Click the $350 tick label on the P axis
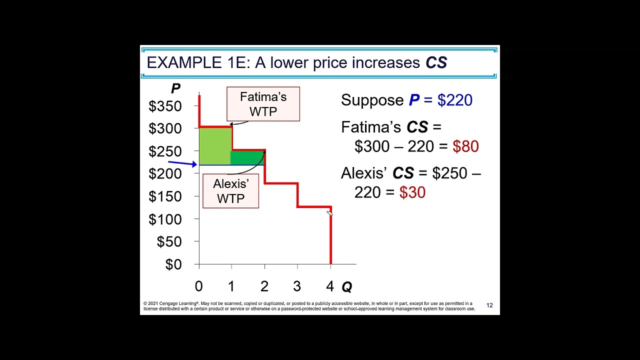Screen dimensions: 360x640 click(165, 106)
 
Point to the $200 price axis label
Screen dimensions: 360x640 click(165, 173)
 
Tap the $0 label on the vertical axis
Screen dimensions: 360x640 click(173, 264)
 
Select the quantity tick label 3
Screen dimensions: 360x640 click(297, 286)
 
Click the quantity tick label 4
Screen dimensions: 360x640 click(329, 286)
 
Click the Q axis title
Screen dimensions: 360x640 click(346, 287)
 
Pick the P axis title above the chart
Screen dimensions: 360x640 click(175, 89)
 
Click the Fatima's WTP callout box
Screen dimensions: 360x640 click(263, 104)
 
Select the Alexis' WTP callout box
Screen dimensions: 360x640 click(230, 190)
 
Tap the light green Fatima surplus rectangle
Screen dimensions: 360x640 click(214, 145)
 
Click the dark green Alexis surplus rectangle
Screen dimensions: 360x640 click(246, 157)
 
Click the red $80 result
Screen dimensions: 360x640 click(465, 146)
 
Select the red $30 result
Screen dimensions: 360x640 click(412, 192)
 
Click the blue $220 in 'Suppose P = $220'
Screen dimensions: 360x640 click(454, 100)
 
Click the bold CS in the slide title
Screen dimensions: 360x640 click(436, 62)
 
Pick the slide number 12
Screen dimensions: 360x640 click(489, 305)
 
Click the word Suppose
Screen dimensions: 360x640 click(372, 100)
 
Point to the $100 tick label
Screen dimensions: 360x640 click(165, 219)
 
